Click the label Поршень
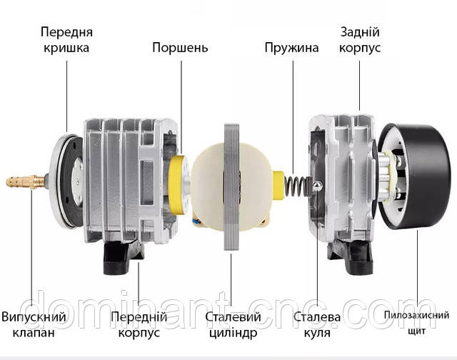pos(180,48)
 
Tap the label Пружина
pos(291,48)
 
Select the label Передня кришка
pos(66,40)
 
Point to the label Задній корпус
pos(360,40)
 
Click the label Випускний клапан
pos(34,324)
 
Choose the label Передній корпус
pos(139,324)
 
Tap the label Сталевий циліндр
pos(233,324)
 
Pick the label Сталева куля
pos(317,324)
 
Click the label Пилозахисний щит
pos(416,323)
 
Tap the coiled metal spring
pos(296,186)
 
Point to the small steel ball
pos(317,186)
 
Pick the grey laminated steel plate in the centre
pos(231,187)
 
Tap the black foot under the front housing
pos(122,259)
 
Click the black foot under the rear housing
pos(351,259)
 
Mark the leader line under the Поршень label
pos(181,107)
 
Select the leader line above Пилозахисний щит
pos(417,268)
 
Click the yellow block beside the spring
pos(278,186)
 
